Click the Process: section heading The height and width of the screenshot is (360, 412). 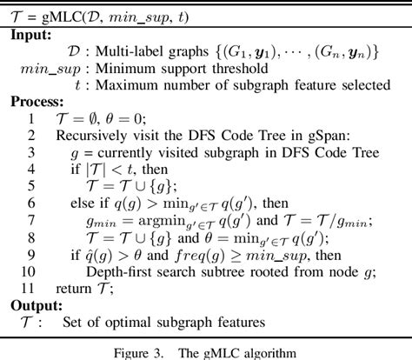[x=38, y=102]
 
